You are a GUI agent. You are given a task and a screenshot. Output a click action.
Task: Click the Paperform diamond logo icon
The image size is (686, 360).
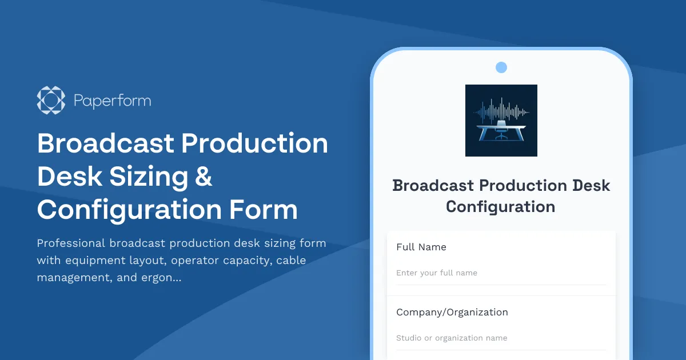point(51,100)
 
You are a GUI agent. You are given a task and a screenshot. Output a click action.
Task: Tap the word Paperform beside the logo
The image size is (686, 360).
point(112,101)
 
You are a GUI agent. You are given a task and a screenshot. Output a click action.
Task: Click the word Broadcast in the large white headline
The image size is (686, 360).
point(105,143)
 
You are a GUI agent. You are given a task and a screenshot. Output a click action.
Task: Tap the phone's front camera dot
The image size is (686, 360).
point(501,67)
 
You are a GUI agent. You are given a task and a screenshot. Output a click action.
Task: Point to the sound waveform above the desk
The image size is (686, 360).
point(501,109)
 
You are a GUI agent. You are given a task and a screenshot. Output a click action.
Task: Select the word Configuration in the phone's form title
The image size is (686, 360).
point(501,206)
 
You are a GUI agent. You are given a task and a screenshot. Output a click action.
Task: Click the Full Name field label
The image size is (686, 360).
point(421,247)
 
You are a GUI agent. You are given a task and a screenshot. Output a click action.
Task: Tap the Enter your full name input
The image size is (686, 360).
point(501,273)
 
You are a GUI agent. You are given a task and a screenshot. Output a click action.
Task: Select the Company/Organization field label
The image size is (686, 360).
point(452,312)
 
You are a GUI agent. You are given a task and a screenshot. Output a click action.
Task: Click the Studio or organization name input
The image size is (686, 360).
point(501,338)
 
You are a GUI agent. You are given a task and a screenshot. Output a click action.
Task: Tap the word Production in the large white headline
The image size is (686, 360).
point(255,143)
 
